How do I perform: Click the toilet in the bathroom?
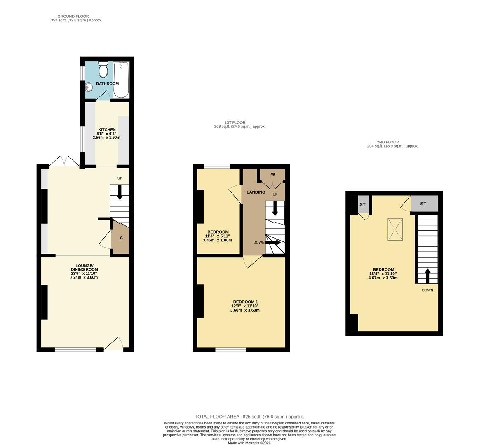coord(103,70)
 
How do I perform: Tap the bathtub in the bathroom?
coord(121,80)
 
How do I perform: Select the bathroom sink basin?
coord(89,87)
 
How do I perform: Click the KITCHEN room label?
coord(106,130)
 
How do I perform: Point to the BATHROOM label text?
coord(107,84)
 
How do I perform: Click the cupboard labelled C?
coord(121,238)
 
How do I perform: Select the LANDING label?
coord(256,192)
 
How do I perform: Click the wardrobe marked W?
coord(272,175)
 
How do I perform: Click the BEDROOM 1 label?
coord(245,301)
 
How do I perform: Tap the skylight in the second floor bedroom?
coord(395,229)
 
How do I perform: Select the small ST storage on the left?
coord(362,205)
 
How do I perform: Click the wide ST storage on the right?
coord(423,204)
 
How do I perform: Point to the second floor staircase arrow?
coord(427,276)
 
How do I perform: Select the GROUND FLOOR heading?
coord(73,16)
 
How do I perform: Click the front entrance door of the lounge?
coord(114,344)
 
